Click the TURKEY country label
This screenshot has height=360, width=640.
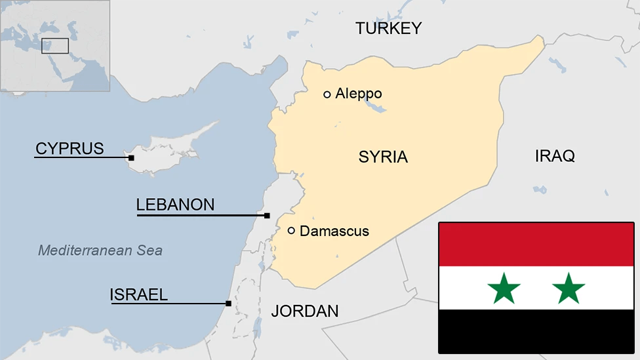388,28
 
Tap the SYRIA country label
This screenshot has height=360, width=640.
383,157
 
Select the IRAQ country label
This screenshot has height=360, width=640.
555,156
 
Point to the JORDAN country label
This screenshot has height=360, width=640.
305,311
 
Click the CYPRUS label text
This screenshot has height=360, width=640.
70,149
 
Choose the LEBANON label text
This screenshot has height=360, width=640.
175,205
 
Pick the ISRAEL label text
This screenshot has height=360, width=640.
138,295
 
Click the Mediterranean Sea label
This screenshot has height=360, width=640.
100,250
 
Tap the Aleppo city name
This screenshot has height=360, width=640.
358,94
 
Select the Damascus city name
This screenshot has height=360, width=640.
334,231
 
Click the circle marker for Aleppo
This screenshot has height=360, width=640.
327,94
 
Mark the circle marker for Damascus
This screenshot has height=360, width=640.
291,230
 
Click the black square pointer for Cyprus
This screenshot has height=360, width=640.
131,157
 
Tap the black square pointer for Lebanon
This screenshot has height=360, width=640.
267,215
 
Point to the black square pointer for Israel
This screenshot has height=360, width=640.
228,303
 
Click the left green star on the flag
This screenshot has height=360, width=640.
504,289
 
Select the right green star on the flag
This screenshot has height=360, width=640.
569,289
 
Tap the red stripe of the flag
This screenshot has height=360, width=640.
536,245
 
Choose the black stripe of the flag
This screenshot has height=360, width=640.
536,331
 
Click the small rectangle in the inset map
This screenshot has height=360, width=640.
55,46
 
